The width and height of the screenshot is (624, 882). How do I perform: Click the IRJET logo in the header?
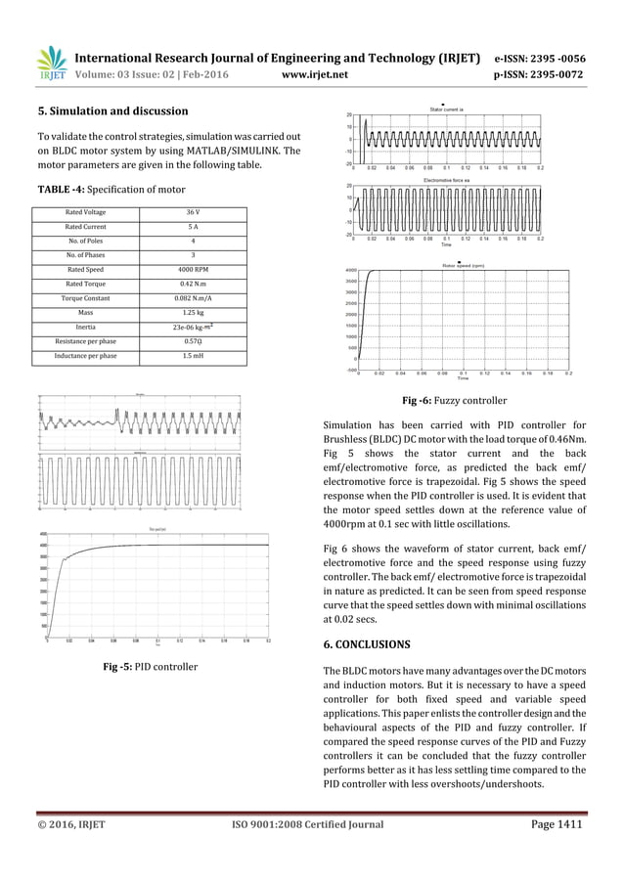pyautogui.click(x=51, y=62)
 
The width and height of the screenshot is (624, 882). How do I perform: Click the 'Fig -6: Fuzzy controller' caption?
pyautogui.click(x=455, y=400)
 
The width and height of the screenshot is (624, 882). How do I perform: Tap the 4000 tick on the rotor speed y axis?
pyautogui.click(x=350, y=270)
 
